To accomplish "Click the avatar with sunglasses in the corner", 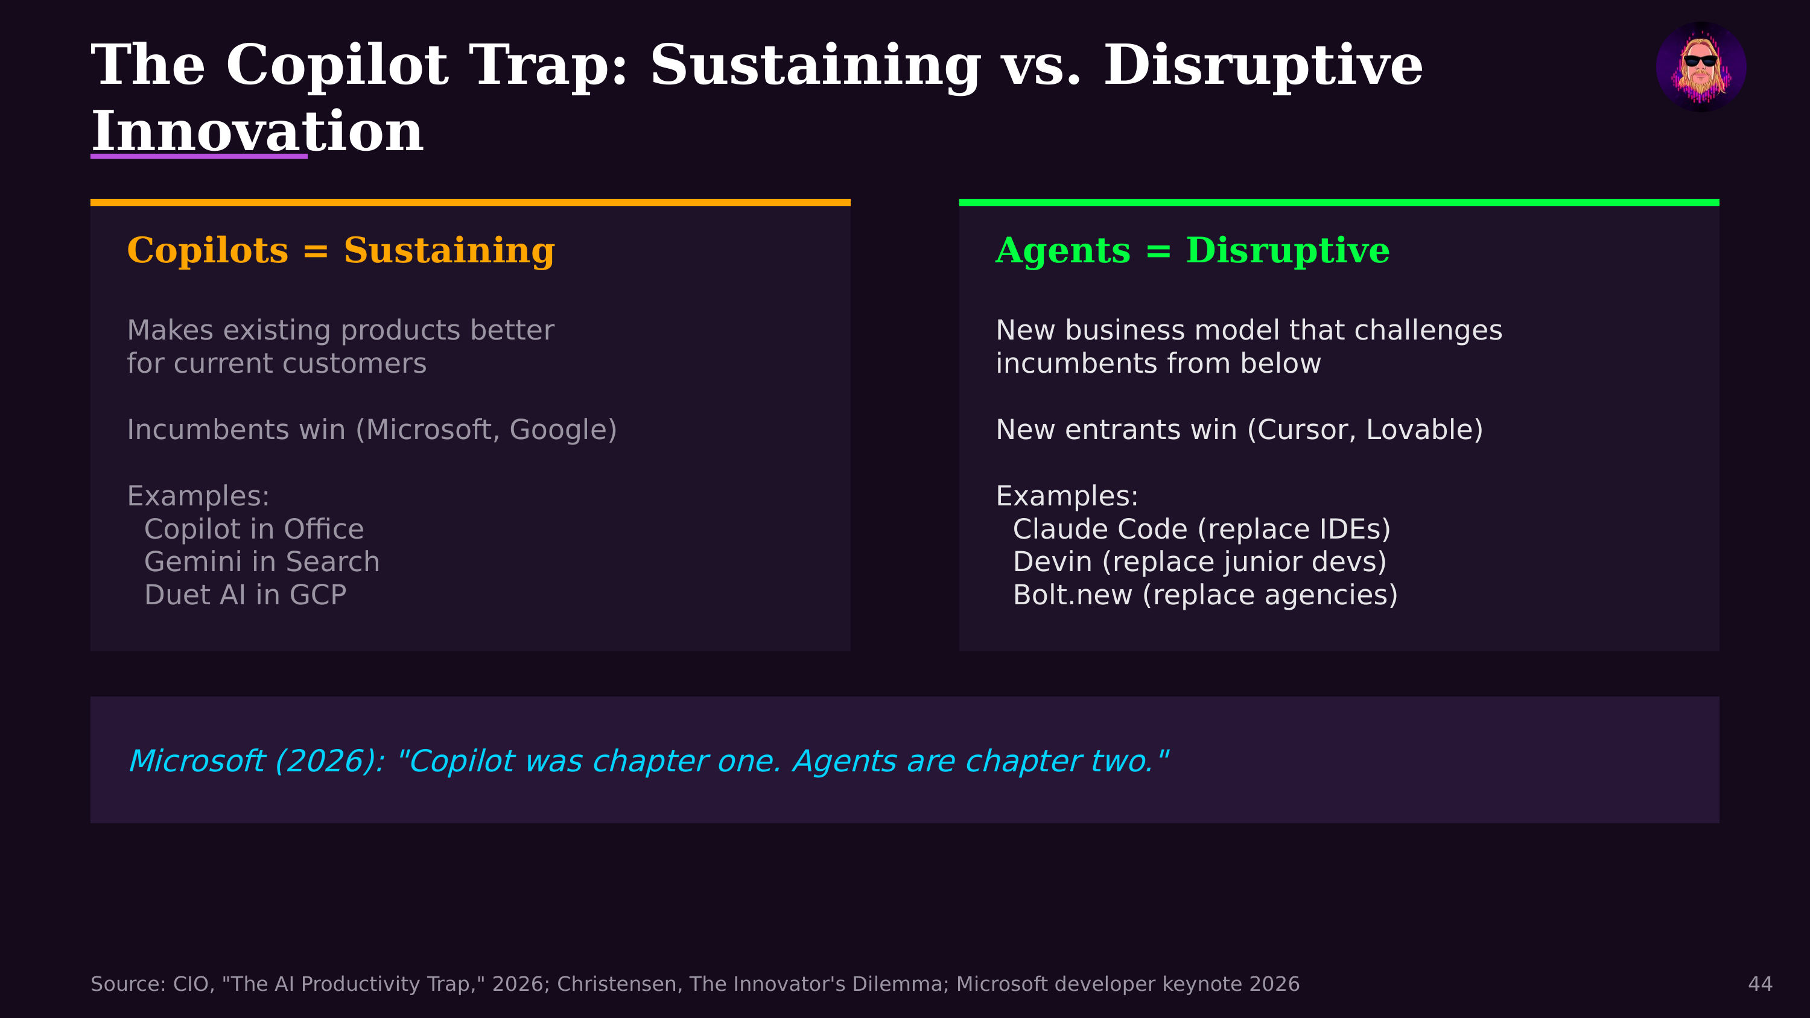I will [x=1700, y=67].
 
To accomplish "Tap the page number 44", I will [x=1759, y=984].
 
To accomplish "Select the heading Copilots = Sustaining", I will [x=341, y=250].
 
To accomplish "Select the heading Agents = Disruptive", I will [x=1192, y=250].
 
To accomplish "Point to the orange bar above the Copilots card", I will [x=470, y=203].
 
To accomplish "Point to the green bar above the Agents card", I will [x=1339, y=203].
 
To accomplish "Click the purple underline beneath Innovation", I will [x=199, y=156].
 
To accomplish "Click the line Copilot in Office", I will [x=253, y=529].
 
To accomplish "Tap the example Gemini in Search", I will [x=261, y=562].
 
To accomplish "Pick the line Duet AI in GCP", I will [x=244, y=595].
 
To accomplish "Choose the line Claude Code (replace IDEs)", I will [x=1201, y=529].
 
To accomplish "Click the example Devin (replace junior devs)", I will [x=1199, y=562].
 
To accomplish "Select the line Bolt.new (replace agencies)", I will [x=1205, y=595].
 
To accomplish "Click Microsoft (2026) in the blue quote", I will [x=256, y=761].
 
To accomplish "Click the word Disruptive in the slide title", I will [x=1263, y=65].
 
